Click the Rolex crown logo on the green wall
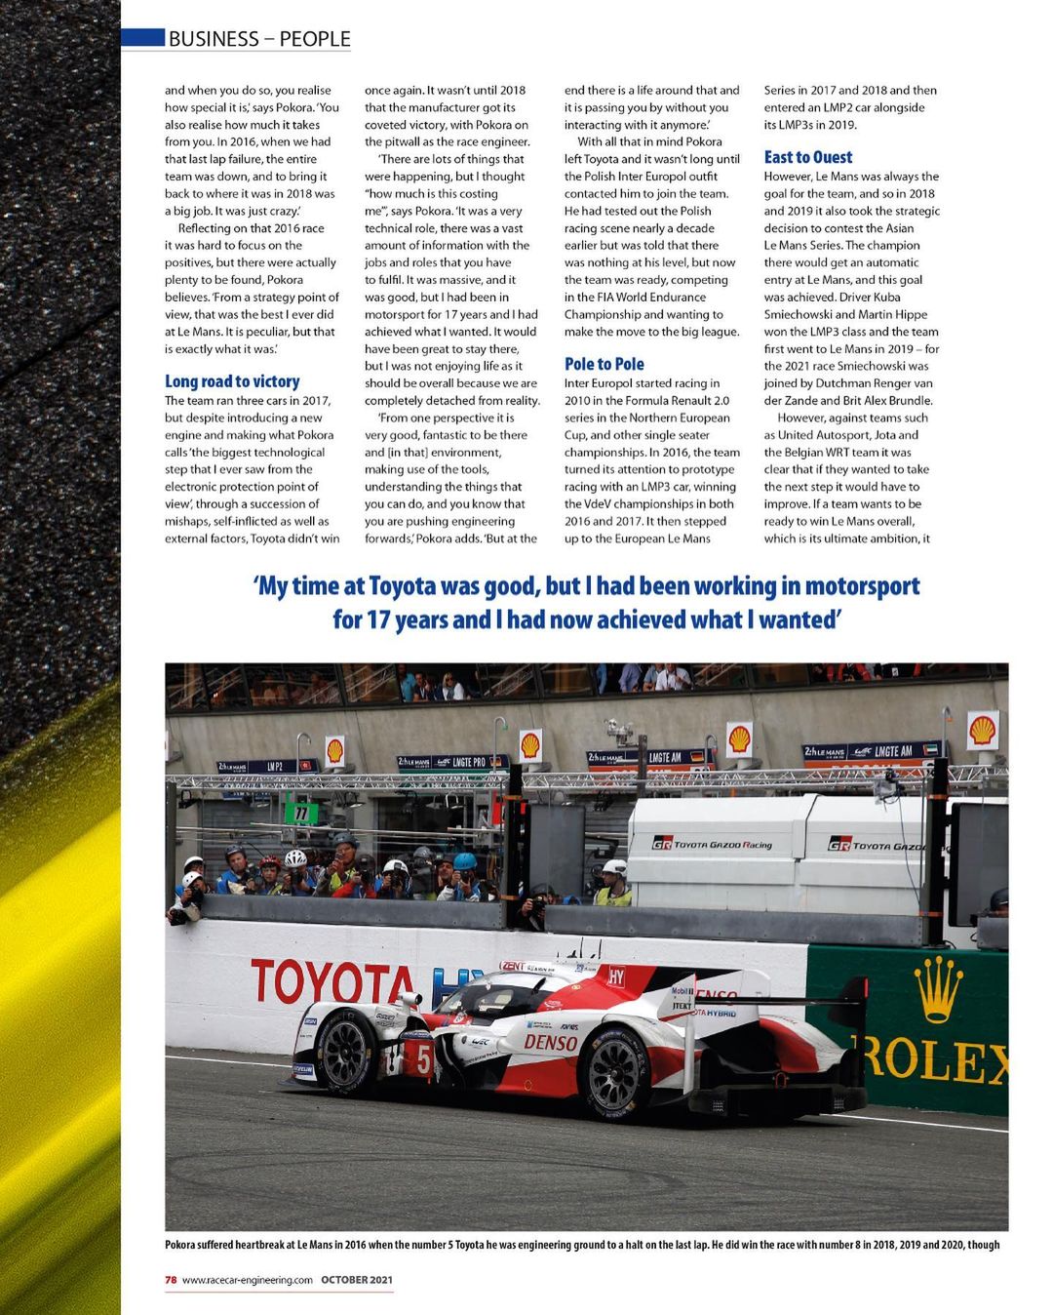point(938,987)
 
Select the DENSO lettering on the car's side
point(551,1042)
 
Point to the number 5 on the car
point(424,1059)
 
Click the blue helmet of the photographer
point(465,861)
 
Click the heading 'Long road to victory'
point(232,381)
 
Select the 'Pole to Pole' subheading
point(604,364)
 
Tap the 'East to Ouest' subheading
point(807,157)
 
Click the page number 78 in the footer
point(171,1280)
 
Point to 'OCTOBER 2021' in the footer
point(357,1280)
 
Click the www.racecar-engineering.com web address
point(247,1280)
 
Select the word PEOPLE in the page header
point(315,39)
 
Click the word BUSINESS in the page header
point(214,39)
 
